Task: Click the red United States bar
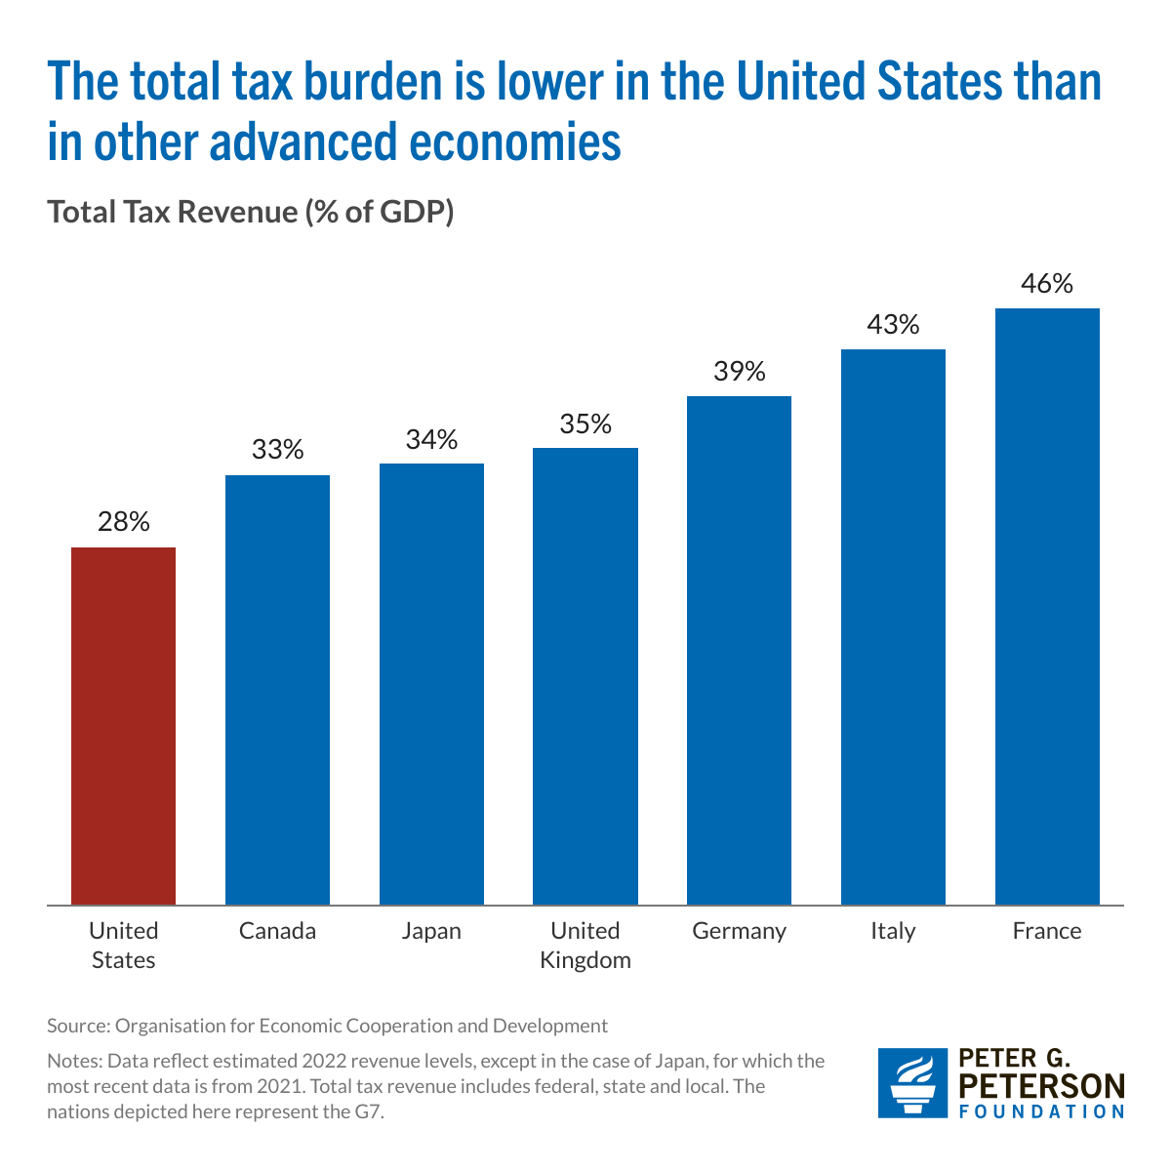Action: tap(124, 726)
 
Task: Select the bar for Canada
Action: tap(277, 690)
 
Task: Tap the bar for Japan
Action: tap(431, 684)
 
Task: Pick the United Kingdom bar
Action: tap(585, 676)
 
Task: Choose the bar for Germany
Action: tap(739, 651)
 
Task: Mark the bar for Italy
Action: tap(893, 627)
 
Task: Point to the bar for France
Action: tap(1047, 607)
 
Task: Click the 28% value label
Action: tap(124, 522)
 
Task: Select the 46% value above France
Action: tap(1047, 284)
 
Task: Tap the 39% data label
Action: tap(739, 372)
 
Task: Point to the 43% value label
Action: tap(893, 325)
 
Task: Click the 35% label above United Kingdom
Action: tap(585, 424)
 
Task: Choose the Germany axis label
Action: tap(739, 931)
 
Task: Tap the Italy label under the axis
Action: tap(893, 931)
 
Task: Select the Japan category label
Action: tap(431, 931)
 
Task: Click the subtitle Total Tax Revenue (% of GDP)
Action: tap(251, 212)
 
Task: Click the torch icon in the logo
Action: tap(912, 1083)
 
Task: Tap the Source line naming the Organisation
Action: tap(327, 1026)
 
